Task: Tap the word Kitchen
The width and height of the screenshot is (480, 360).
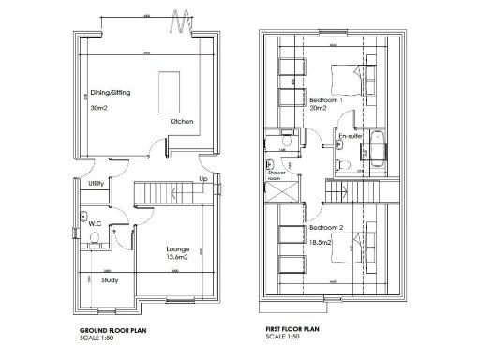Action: coord(181,123)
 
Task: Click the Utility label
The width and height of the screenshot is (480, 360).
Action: coord(97,184)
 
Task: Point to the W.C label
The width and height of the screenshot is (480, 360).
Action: coord(95,222)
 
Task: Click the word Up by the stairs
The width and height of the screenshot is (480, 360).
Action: coord(202,178)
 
